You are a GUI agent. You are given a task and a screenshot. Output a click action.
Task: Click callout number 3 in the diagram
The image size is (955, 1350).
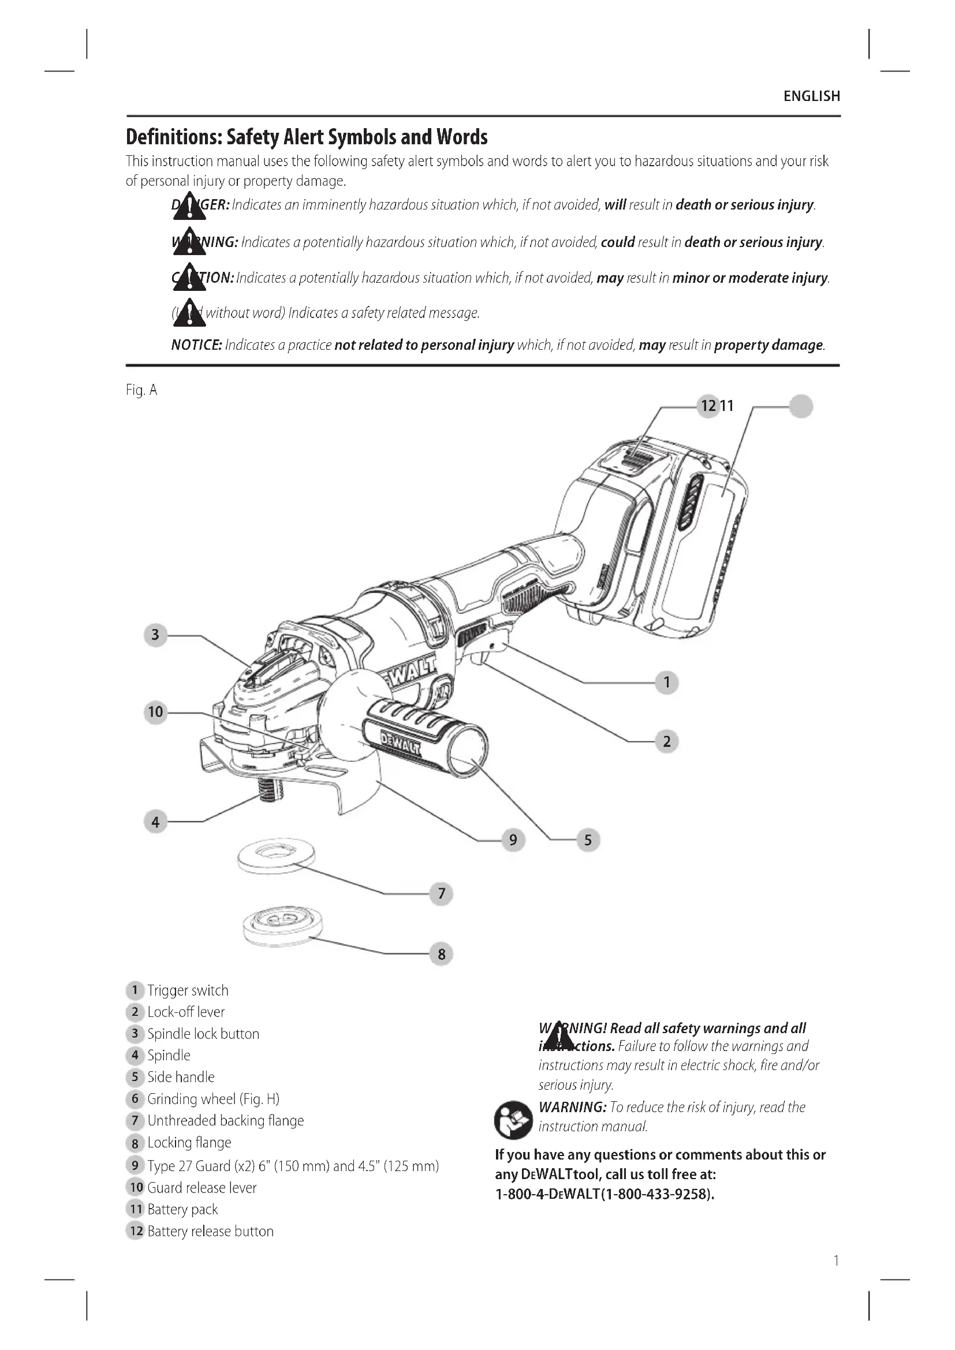click(155, 635)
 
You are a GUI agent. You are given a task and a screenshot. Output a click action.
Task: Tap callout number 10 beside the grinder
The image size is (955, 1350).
click(155, 712)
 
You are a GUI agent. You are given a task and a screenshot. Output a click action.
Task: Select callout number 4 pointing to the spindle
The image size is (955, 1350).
click(155, 821)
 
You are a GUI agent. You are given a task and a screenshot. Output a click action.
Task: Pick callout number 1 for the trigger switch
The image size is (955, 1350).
click(666, 682)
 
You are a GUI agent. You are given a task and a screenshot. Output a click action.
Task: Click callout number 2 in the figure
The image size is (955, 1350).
click(666, 741)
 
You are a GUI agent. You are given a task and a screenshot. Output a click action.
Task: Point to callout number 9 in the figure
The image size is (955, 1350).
click(513, 840)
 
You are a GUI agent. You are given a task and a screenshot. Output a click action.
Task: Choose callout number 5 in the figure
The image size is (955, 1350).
click(587, 840)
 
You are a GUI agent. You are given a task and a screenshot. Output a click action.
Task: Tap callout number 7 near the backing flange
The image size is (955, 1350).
click(441, 893)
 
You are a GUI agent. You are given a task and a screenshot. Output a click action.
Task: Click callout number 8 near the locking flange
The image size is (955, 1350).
click(441, 953)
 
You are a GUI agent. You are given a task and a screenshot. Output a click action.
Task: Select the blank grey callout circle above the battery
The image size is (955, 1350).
click(800, 406)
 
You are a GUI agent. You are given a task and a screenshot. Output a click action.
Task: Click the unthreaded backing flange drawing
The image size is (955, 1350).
click(276, 855)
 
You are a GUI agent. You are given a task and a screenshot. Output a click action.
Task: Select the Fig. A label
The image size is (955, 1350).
click(141, 390)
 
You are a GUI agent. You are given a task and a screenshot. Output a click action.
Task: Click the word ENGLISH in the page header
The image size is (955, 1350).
click(811, 96)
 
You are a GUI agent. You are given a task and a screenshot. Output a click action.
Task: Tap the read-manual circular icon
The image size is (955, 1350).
click(513, 1120)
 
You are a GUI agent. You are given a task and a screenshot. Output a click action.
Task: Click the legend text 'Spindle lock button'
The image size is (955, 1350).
click(203, 1034)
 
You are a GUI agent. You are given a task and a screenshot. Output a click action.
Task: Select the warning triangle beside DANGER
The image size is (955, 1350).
click(189, 207)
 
